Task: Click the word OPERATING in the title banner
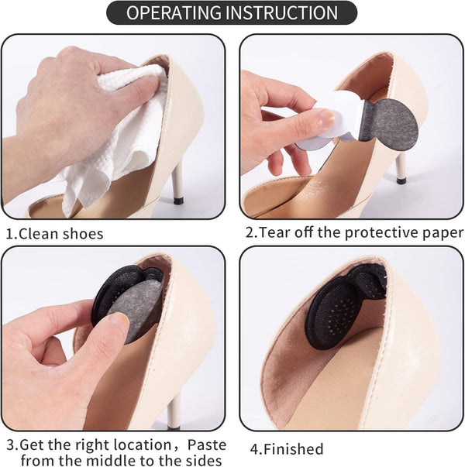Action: pyautogui.click(x=172, y=13)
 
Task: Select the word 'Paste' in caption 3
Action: pyautogui.click(x=206, y=445)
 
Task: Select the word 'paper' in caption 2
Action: pyautogui.click(x=441, y=233)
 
